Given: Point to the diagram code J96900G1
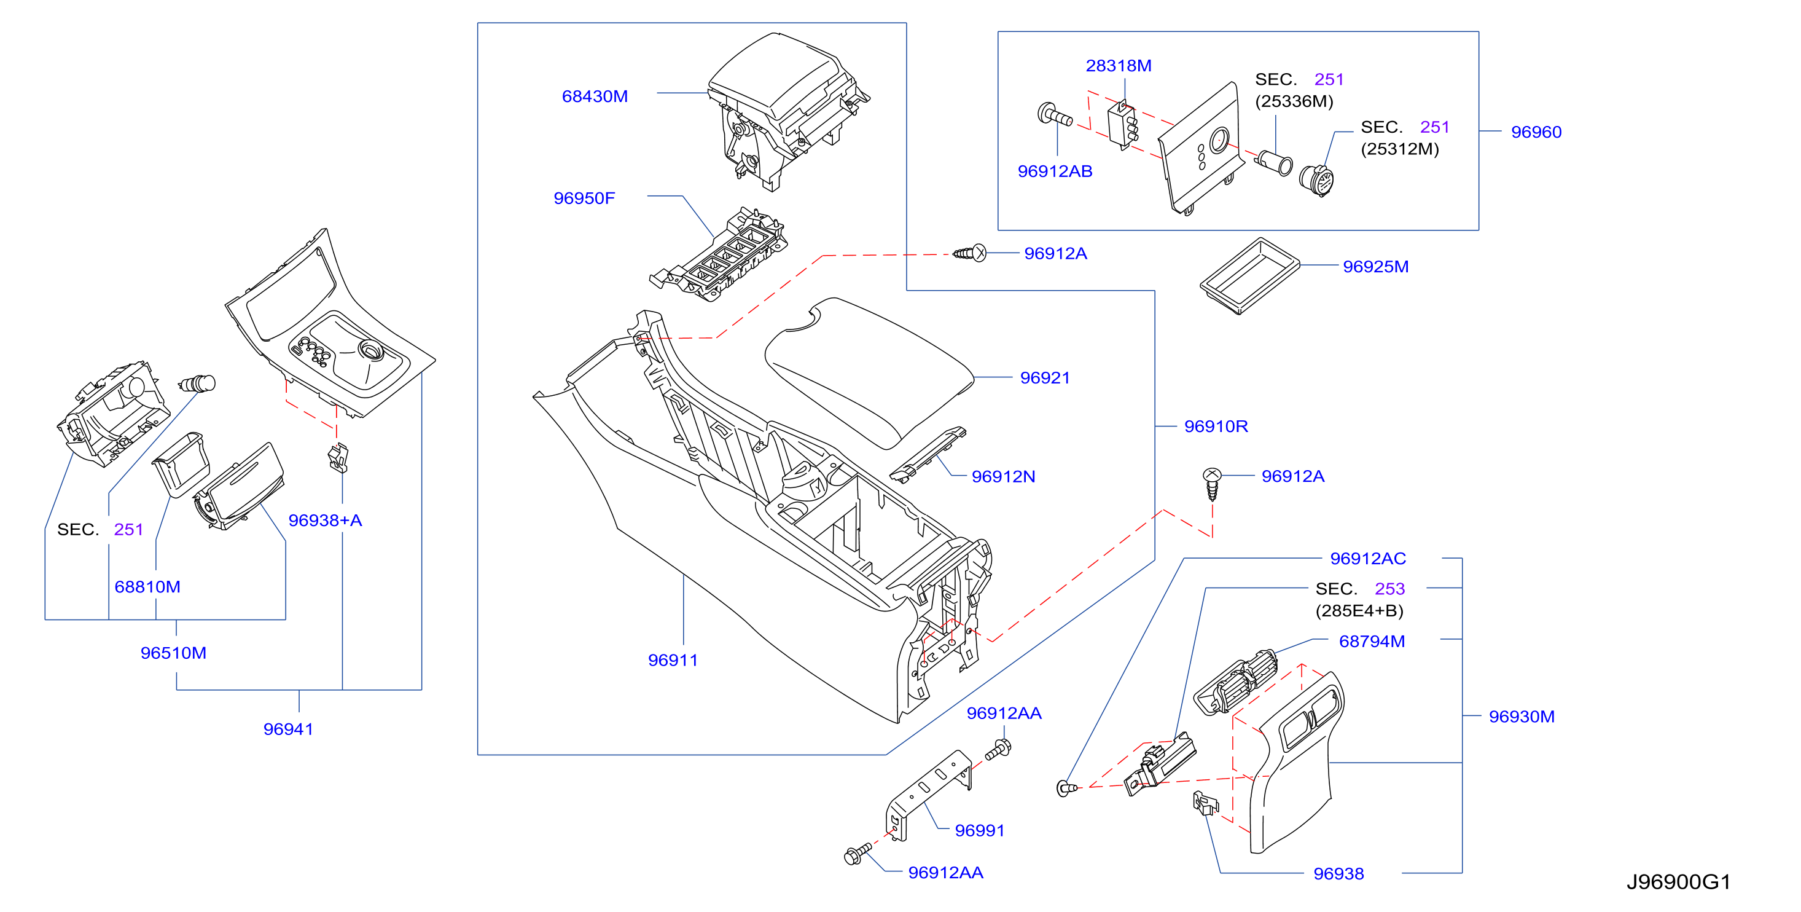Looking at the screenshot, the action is pos(1678,882).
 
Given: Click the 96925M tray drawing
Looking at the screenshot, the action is pos(1249,277).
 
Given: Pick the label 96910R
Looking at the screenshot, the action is pos(1216,427).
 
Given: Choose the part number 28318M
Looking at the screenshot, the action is pos(1118,66).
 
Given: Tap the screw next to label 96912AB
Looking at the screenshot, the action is pos(1054,115).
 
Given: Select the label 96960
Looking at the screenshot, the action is pos(1536,132).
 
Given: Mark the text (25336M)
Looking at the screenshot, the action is pos(1294,101).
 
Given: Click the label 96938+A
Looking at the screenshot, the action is pos(325,521).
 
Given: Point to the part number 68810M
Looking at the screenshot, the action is pos(147,587).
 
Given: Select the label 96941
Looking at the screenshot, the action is pos(288,729).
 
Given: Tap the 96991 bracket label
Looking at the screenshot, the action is pos(980,831).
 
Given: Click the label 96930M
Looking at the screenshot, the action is pos(1522,717).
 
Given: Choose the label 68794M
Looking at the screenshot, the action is pos(1372,642).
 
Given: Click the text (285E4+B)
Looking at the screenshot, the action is pos(1359,611).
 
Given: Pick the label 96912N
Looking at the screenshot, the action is pos(1003,477).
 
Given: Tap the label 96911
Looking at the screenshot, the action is pos(673,660).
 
